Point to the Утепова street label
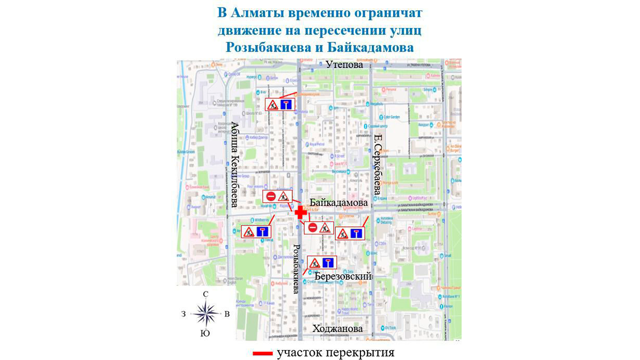click(344, 65)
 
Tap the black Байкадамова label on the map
click(339, 204)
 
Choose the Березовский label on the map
click(343, 276)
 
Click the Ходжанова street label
click(337, 328)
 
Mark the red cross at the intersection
click(301, 212)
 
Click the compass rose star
click(205, 313)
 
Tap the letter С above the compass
click(205, 294)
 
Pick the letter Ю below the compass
click(205, 333)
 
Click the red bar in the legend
click(262, 354)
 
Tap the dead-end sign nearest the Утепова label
click(286, 105)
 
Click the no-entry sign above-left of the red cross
click(271, 197)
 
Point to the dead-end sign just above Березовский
click(328, 263)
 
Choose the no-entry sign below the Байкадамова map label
click(313, 228)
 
